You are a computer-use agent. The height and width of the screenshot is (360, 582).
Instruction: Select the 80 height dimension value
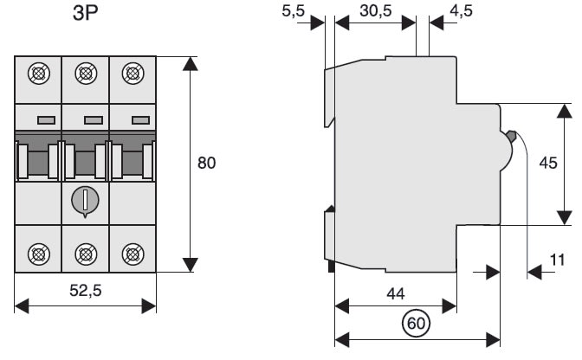[205, 163]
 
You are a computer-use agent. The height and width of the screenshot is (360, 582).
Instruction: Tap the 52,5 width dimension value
[86, 292]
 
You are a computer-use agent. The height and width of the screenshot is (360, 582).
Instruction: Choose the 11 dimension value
[558, 259]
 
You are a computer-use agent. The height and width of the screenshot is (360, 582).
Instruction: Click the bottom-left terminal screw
[39, 253]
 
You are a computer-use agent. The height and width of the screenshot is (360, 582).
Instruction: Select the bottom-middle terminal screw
[86, 253]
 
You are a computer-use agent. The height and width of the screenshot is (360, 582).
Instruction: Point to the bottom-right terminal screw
[133, 253]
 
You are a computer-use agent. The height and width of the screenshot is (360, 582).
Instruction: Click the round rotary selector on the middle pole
[86, 200]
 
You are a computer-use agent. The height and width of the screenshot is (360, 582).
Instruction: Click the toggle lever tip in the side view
[511, 136]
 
